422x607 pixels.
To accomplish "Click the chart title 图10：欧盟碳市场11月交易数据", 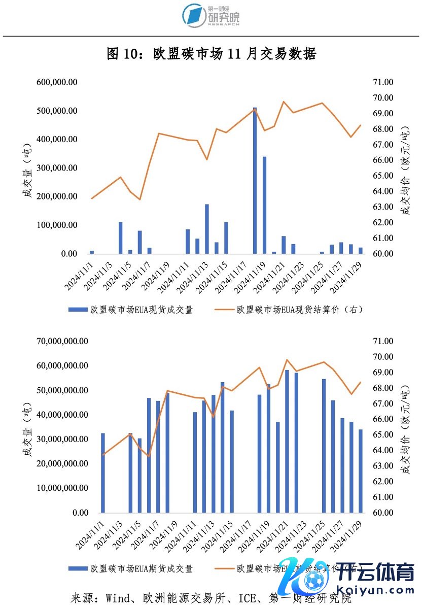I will [211, 54].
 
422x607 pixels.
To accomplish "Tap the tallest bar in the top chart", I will [255, 180].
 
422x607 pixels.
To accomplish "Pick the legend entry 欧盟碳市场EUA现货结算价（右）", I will [299, 309].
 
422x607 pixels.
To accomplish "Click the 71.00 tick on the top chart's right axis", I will [383, 82].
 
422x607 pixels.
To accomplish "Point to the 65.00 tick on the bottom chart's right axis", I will [383, 435].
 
